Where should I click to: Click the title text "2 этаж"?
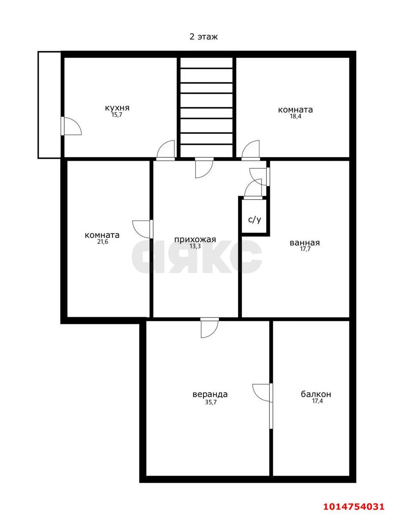click(x=203, y=37)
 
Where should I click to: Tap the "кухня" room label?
click(x=117, y=108)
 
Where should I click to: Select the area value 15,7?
click(x=117, y=115)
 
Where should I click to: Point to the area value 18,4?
click(x=296, y=116)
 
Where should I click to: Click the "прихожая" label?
click(x=195, y=239)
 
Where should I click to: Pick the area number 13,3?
click(x=195, y=246)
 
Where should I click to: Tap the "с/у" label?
click(x=255, y=220)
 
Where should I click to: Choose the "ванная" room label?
click(x=304, y=243)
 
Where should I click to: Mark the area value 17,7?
click(x=305, y=249)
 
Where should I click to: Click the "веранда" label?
click(x=210, y=394)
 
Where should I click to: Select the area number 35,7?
click(x=211, y=402)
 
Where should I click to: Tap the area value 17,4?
click(x=317, y=401)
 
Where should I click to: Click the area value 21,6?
click(x=102, y=242)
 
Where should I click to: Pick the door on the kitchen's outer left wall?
click(x=71, y=126)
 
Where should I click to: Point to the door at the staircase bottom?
click(x=204, y=168)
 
